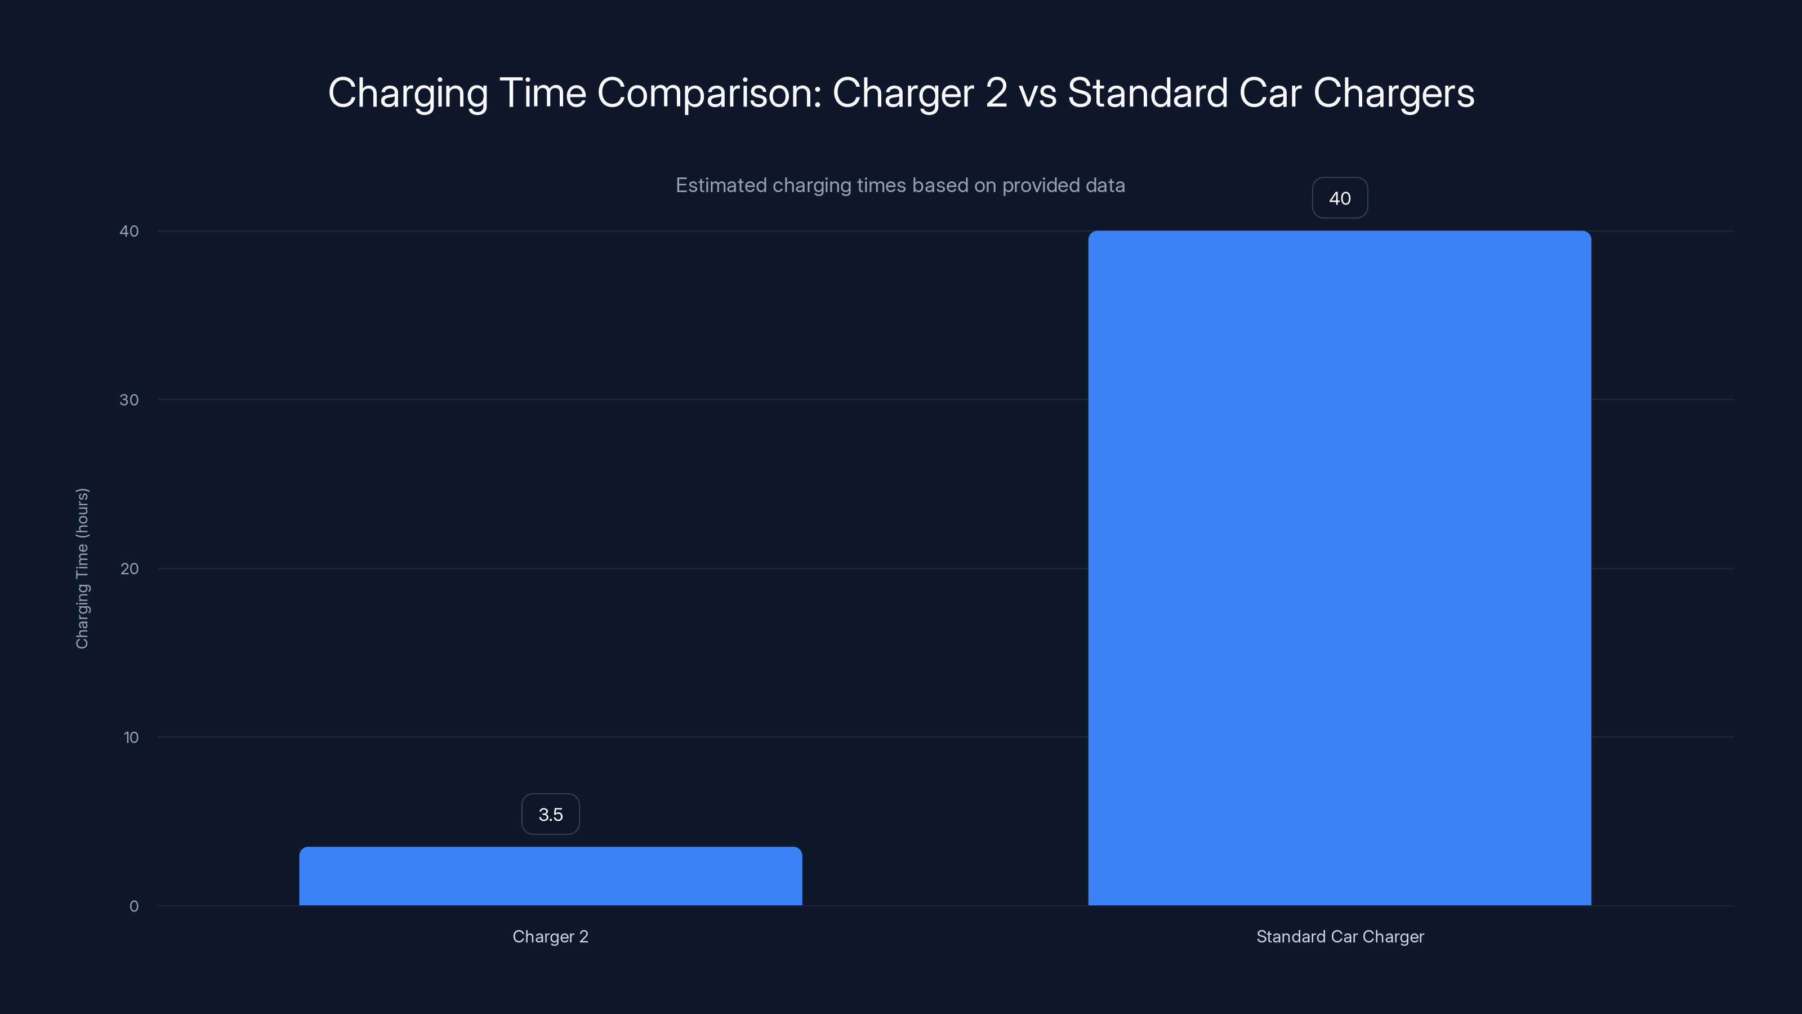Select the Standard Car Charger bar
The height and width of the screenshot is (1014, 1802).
pyautogui.click(x=1339, y=567)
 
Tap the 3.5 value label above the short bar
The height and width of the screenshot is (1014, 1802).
pyautogui.click(x=551, y=814)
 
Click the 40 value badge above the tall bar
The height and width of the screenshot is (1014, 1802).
pyautogui.click(x=1339, y=198)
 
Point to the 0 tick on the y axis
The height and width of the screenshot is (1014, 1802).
pyautogui.click(x=133, y=906)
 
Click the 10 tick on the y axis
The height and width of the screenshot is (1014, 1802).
pyautogui.click(x=131, y=737)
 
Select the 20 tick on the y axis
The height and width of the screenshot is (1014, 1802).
pyautogui.click(x=130, y=568)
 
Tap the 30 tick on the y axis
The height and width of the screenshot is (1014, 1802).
pyautogui.click(x=130, y=399)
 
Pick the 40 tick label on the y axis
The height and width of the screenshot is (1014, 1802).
pyautogui.click(x=130, y=231)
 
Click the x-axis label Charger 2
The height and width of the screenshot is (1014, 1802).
pyautogui.click(x=551, y=936)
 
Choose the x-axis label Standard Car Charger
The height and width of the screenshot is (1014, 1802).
pyautogui.click(x=1340, y=936)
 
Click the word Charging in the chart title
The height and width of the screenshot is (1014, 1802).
pyautogui.click(x=408, y=93)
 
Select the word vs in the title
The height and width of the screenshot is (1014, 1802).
pyautogui.click(x=1037, y=93)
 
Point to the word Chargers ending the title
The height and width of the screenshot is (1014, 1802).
pyautogui.click(x=1394, y=93)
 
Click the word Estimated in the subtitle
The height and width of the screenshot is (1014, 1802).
pyautogui.click(x=721, y=185)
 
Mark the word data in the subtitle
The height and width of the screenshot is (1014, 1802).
pyautogui.click(x=1104, y=185)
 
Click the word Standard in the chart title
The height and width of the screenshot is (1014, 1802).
pyautogui.click(x=1147, y=93)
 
